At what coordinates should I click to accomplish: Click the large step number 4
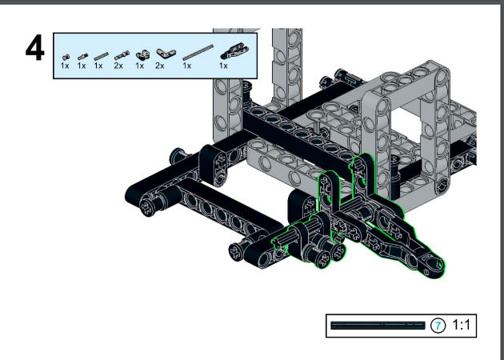35,49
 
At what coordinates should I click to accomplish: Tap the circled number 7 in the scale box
438,326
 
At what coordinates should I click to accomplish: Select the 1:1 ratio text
462,325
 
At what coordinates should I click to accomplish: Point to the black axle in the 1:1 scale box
378,326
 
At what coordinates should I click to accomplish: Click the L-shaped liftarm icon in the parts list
166,54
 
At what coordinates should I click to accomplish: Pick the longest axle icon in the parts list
198,52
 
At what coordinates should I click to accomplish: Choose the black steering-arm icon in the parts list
234,51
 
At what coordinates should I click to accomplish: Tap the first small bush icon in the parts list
66,58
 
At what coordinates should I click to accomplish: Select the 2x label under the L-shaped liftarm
160,66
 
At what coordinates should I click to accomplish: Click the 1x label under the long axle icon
186,66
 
